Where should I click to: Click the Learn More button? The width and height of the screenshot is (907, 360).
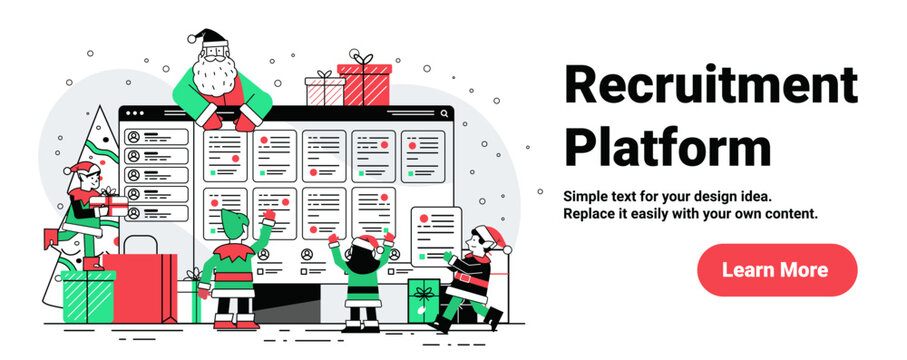[x=776, y=270]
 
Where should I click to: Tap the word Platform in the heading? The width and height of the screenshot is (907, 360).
[x=667, y=146]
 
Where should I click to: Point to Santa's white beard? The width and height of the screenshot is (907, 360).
[x=212, y=76]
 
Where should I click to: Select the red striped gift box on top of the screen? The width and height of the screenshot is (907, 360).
[x=365, y=85]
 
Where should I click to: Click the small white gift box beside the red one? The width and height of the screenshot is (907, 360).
[x=324, y=90]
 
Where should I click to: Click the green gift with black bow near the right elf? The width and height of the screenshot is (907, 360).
[x=423, y=299]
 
